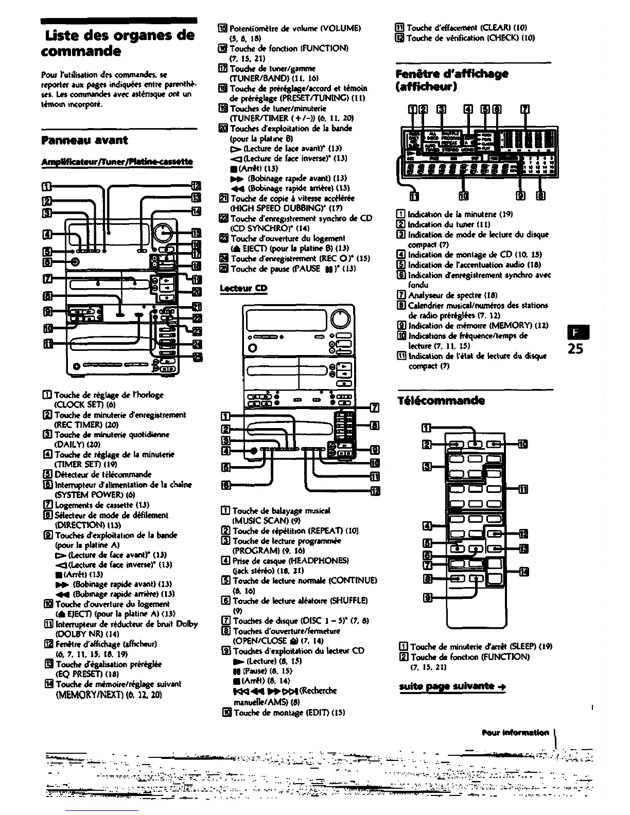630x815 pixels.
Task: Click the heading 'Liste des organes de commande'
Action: click(118, 43)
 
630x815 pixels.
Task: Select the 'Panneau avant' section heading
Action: click(85, 140)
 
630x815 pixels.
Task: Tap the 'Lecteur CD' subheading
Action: click(243, 288)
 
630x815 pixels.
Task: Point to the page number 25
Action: click(575, 348)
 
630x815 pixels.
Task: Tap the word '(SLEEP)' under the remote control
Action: click(501, 647)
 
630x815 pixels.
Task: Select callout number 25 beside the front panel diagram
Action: click(196, 358)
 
